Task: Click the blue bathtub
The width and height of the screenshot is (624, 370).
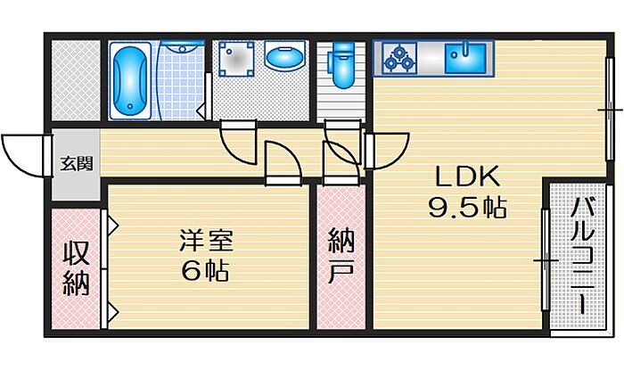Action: pyautogui.click(x=131, y=81)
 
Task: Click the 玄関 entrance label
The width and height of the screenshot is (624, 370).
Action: pyautogui.click(x=74, y=164)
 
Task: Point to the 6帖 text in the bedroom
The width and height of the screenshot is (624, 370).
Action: pyautogui.click(x=206, y=269)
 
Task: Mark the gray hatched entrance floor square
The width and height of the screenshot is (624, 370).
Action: pyautogui.click(x=75, y=80)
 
